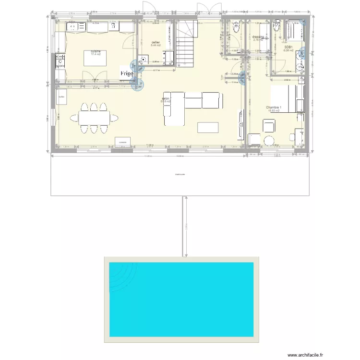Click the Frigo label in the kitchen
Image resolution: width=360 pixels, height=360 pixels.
click(x=127, y=73)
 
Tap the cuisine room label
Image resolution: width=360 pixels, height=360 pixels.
click(x=95, y=51)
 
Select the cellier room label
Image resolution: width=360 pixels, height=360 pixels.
click(x=156, y=43)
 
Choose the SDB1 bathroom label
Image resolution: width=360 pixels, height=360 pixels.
click(x=288, y=47)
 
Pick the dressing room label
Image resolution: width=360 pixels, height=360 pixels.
click(x=258, y=37)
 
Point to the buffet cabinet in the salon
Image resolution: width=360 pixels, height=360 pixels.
click(x=61, y=97)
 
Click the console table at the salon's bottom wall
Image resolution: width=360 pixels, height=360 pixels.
click(x=123, y=142)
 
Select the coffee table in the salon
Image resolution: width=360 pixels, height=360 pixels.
click(x=207, y=127)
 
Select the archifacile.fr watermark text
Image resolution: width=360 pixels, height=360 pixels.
click(x=305, y=355)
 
